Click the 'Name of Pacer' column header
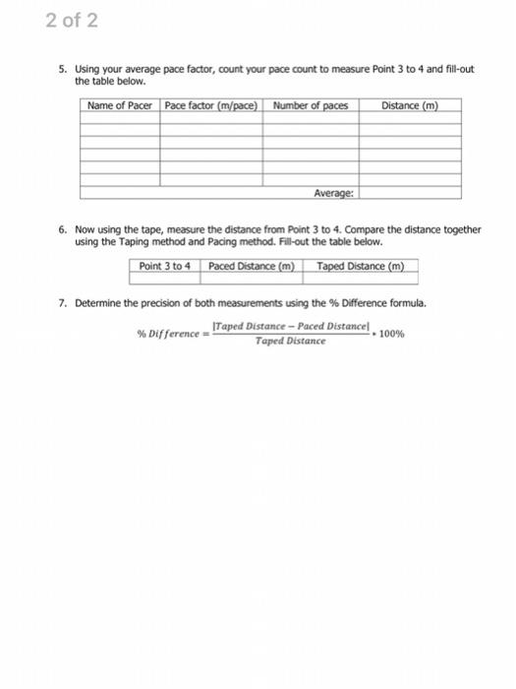tap(119, 105)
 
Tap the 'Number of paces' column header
tap(311, 105)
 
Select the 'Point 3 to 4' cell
tap(165, 266)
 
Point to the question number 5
tap(61, 72)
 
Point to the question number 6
tap(61, 228)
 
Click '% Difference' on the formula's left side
tap(166, 335)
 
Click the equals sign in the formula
tap(204, 335)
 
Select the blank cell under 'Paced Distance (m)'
tap(254, 279)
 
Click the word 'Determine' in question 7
tap(97, 302)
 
